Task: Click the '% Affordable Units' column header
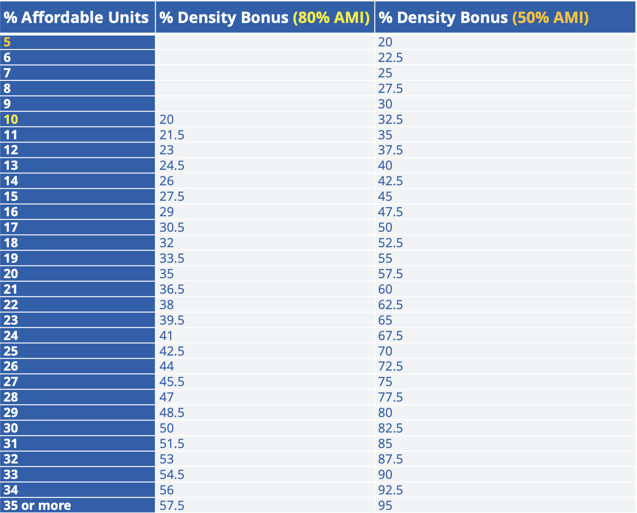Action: pos(76,18)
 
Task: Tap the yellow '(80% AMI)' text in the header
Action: pos(331,18)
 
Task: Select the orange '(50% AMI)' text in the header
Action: pos(550,18)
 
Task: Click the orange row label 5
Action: pos(7,42)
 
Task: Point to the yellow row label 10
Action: pos(11,119)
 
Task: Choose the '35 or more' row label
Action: pos(37,505)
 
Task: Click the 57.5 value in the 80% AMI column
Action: pos(172,505)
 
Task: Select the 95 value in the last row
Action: pos(385,505)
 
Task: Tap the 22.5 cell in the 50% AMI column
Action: pos(390,57)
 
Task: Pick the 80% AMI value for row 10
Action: pos(166,119)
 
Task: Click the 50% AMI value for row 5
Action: pos(385,42)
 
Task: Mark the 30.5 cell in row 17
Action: pos(172,227)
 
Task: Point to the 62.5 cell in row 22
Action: pos(390,305)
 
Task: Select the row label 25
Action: pos(11,351)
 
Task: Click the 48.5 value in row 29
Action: pos(172,413)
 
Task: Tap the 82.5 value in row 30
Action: pos(390,428)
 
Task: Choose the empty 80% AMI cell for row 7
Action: pos(265,73)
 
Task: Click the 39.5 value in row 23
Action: pos(172,320)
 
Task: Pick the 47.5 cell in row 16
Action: pos(390,212)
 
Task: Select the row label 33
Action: pos(11,475)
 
